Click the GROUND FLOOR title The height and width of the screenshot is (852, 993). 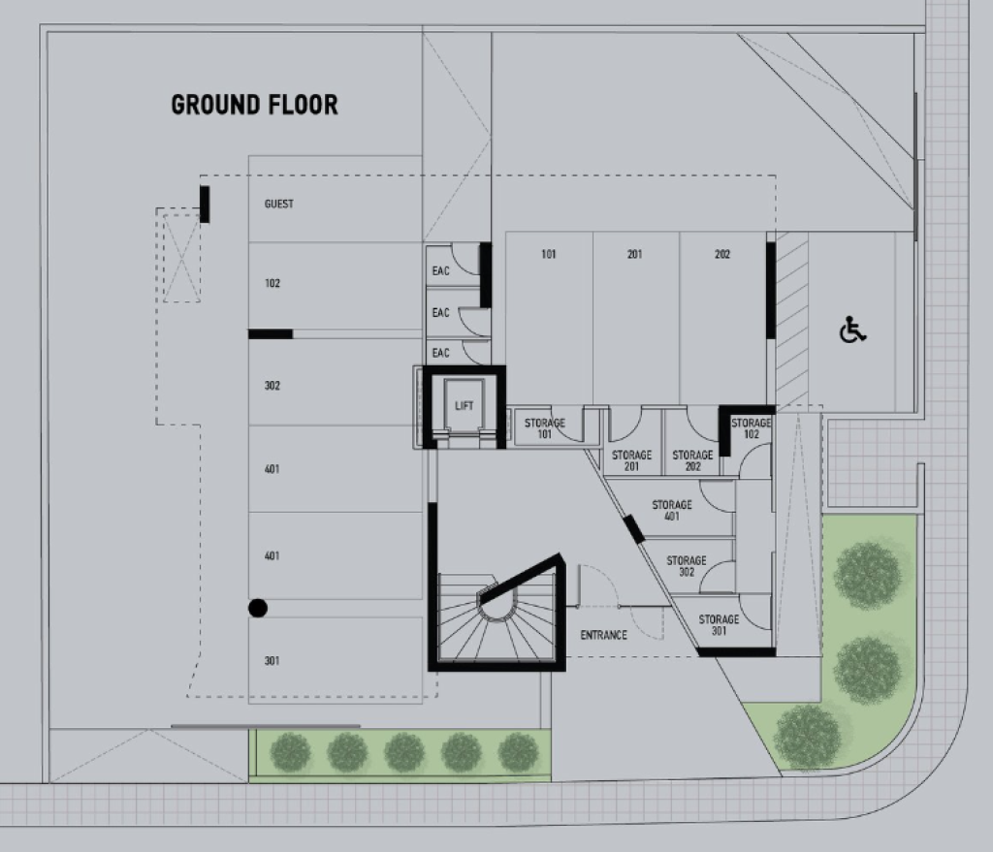click(255, 105)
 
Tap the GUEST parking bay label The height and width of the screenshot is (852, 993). click(278, 204)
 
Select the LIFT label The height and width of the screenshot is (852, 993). click(464, 406)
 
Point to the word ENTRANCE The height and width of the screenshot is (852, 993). click(603, 635)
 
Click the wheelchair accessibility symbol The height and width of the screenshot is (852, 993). click(852, 330)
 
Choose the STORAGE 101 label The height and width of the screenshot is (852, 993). click(545, 428)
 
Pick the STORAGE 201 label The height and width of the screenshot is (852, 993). click(631, 460)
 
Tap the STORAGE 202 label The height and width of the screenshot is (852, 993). click(692, 460)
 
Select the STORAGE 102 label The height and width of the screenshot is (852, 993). click(752, 428)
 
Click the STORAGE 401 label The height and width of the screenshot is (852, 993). click(672, 510)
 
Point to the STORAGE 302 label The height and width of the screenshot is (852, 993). click(687, 566)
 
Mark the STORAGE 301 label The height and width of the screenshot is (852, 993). click(719, 625)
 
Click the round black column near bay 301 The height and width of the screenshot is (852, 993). click(258, 609)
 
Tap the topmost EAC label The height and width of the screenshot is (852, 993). click(441, 271)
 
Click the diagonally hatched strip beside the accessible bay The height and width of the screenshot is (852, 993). click(791, 320)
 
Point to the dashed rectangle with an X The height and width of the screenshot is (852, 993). click(181, 258)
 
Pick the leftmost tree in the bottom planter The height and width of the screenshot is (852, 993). click(290, 752)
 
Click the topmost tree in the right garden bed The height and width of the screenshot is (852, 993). click(867, 575)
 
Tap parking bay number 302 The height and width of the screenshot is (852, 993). click(272, 386)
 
